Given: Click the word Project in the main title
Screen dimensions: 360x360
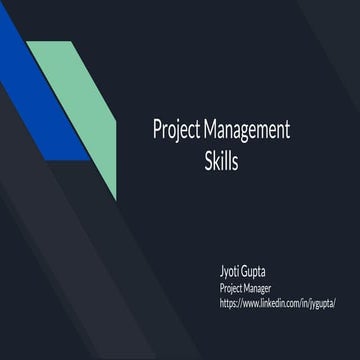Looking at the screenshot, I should (175, 131).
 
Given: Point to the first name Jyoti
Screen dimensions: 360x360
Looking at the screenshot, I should (232, 269).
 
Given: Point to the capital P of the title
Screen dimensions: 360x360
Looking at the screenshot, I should (156, 130).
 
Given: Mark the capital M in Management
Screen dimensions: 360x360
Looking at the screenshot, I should (210, 130).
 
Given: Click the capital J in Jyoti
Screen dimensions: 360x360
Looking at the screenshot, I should (221, 269).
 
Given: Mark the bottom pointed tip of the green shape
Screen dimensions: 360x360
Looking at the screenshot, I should (116, 197).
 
